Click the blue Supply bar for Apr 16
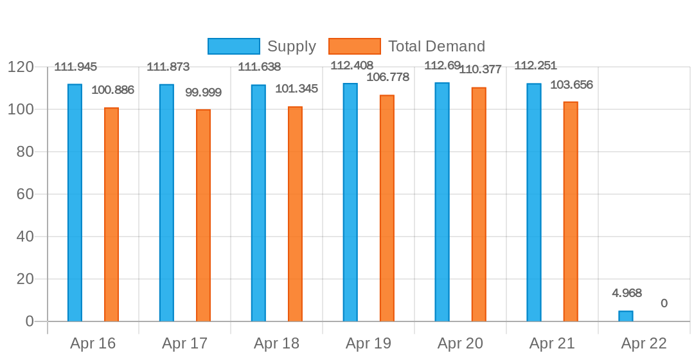tap(75, 203)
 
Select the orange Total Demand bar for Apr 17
tap(203, 215)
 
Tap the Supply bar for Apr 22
tap(625, 316)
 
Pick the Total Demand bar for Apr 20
tap(479, 204)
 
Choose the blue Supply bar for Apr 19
tap(350, 203)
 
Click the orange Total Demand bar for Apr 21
tap(571, 212)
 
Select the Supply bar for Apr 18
tap(258, 203)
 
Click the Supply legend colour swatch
tap(234, 46)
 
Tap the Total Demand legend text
tap(436, 46)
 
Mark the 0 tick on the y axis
tap(29, 321)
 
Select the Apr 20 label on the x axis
tap(460, 343)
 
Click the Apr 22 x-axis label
tap(644, 343)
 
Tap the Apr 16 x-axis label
tap(93, 343)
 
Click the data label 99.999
tap(203, 93)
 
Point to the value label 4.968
tap(627, 293)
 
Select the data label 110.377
tap(480, 69)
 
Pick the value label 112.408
tap(351, 65)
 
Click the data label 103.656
tap(571, 85)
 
